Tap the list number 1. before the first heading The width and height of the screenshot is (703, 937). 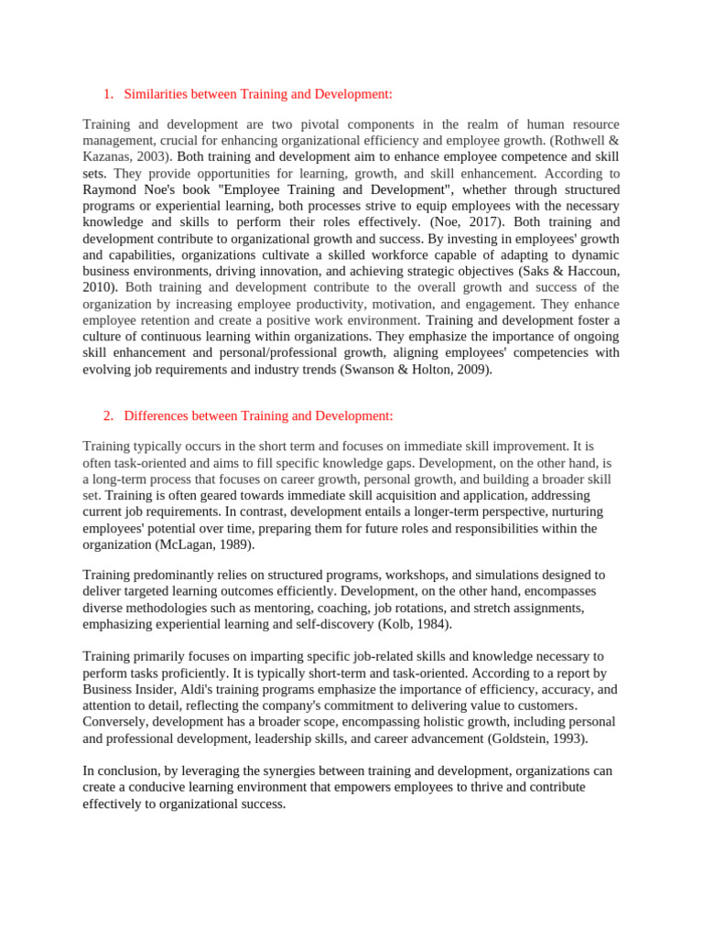point(108,93)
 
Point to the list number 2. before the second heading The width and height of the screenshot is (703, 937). point(108,415)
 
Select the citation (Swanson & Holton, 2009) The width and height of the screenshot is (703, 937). point(416,370)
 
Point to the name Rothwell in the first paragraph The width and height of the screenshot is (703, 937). point(582,139)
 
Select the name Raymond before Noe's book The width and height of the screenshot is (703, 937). point(108,188)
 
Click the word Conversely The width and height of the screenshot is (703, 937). point(115,722)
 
